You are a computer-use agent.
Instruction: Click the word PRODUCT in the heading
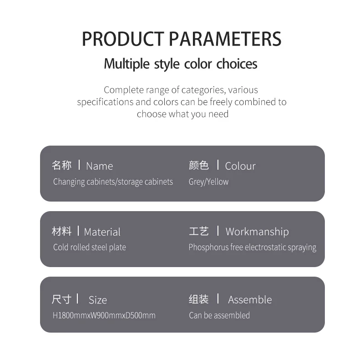[123, 39]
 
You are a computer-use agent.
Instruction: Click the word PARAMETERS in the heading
[225, 39]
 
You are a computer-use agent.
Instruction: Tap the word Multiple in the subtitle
[127, 64]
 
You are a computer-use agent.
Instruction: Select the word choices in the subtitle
[237, 64]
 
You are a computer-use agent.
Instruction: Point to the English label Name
[99, 166]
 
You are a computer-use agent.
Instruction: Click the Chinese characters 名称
[61, 165]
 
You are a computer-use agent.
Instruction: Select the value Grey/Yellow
[208, 182]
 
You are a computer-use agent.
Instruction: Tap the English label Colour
[240, 166]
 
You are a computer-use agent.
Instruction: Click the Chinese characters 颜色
[199, 165]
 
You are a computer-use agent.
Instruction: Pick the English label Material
[102, 232]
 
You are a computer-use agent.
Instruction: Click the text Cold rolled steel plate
[90, 247]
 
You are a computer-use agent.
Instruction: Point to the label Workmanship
[257, 232]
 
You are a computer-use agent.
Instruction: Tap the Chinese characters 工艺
[199, 231]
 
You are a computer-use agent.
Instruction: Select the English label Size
[98, 300]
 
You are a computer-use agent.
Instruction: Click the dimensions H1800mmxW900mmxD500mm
[104, 315]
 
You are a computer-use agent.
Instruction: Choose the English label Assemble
[250, 300]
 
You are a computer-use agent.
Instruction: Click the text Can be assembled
[219, 315]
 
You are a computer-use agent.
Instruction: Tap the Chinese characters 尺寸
[61, 299]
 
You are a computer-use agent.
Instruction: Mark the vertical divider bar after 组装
[218, 298]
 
